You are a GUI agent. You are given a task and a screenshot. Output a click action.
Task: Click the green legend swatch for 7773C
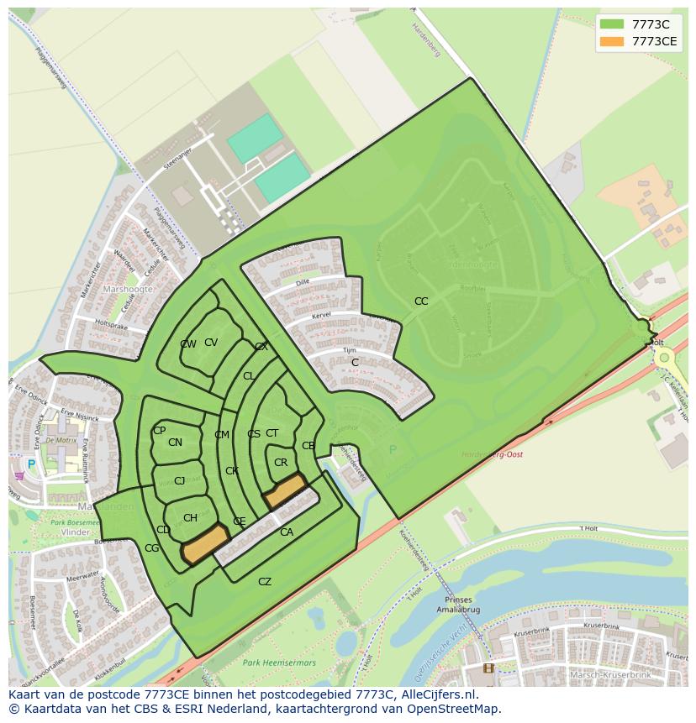pos(612,24)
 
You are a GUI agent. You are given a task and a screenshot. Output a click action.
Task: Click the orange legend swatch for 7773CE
pos(612,41)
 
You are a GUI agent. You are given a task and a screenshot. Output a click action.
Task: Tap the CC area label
pos(421,301)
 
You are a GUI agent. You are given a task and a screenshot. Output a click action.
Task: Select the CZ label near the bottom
pos(265,582)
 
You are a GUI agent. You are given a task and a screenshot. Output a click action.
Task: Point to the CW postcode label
pos(188,344)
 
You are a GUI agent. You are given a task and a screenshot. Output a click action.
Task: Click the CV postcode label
pos(211,343)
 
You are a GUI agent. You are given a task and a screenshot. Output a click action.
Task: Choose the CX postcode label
pos(261,347)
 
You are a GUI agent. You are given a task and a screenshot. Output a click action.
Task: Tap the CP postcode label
pos(159,431)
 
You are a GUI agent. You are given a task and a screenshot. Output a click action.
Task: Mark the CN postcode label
pos(175,443)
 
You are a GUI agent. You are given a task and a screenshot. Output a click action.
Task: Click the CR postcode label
pos(281,463)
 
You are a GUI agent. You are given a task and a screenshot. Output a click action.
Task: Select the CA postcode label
pos(287,532)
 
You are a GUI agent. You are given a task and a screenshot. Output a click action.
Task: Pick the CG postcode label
pos(152,548)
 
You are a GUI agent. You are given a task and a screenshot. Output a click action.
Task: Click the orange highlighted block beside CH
pos(206,545)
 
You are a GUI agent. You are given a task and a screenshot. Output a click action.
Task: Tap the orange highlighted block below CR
pos(285,490)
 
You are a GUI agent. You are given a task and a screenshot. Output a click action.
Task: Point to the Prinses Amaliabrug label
pos(458,606)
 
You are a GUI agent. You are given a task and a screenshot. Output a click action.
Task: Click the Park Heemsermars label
pos(279,663)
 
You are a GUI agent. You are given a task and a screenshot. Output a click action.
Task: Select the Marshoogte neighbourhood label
pos(128,289)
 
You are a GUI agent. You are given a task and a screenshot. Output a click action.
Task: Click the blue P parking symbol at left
pos(31,464)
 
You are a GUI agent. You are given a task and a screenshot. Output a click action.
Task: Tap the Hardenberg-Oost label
pos(493,454)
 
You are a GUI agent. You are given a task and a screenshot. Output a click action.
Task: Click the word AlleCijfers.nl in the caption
pos(437,694)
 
